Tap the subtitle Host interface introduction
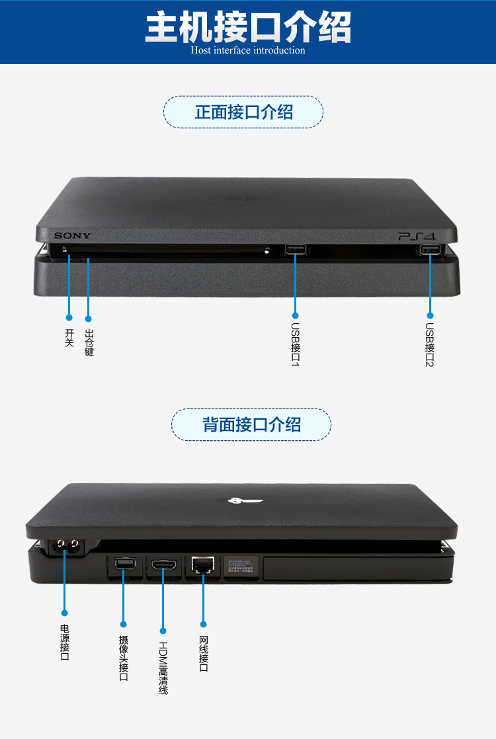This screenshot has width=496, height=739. pyautogui.click(x=248, y=50)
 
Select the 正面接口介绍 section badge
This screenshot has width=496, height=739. pyautogui.click(x=243, y=112)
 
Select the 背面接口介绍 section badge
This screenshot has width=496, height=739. pyautogui.click(x=251, y=424)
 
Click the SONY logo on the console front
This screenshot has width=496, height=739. pyautogui.click(x=73, y=236)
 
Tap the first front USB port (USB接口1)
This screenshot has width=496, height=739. pyautogui.click(x=295, y=250)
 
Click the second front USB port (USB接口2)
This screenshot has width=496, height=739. pyautogui.click(x=430, y=250)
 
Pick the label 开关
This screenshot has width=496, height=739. pyautogui.click(x=69, y=338)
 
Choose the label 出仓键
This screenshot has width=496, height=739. pyautogui.click(x=89, y=343)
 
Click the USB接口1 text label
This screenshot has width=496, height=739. pyautogui.click(x=296, y=344)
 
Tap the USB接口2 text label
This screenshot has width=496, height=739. pyautogui.click(x=430, y=344)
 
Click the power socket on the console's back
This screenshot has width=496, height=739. pyautogui.click(x=65, y=546)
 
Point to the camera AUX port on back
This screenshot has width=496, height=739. pyautogui.click(x=123, y=564)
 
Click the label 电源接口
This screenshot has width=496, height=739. pyautogui.click(x=65, y=642)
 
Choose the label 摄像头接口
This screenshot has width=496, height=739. pyautogui.click(x=124, y=658)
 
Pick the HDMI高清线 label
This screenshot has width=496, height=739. pyautogui.click(x=163, y=668)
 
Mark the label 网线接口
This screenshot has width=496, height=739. pyautogui.click(x=204, y=654)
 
